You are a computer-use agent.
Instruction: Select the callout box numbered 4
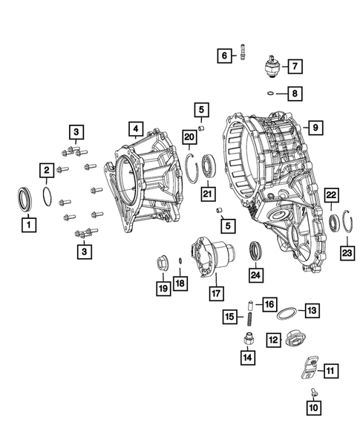click(134, 129)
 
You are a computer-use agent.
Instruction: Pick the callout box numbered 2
click(46, 170)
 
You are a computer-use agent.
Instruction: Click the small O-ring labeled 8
click(272, 93)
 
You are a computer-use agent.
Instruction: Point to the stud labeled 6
click(243, 55)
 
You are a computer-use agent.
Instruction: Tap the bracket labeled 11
click(308, 366)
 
